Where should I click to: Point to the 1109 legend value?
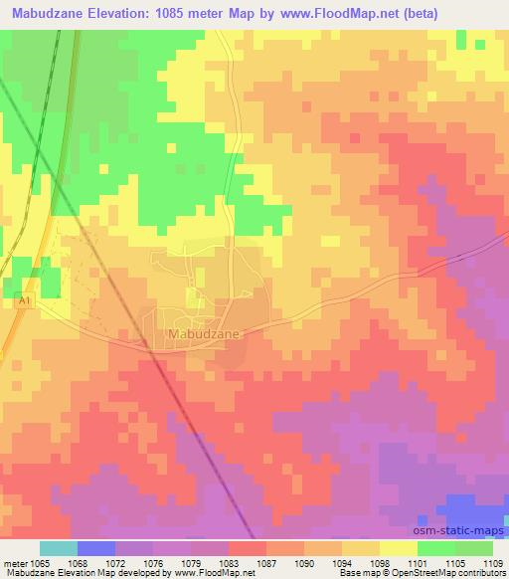pos(492,562)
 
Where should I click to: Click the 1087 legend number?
pos(265,562)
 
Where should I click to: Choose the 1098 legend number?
pos(379,562)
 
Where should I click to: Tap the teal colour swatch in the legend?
pos(59,548)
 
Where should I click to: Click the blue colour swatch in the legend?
pos(96,548)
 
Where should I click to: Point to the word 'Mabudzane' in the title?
pos(45,12)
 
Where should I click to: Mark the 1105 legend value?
pos(454,562)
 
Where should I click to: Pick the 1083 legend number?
pos(228,562)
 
